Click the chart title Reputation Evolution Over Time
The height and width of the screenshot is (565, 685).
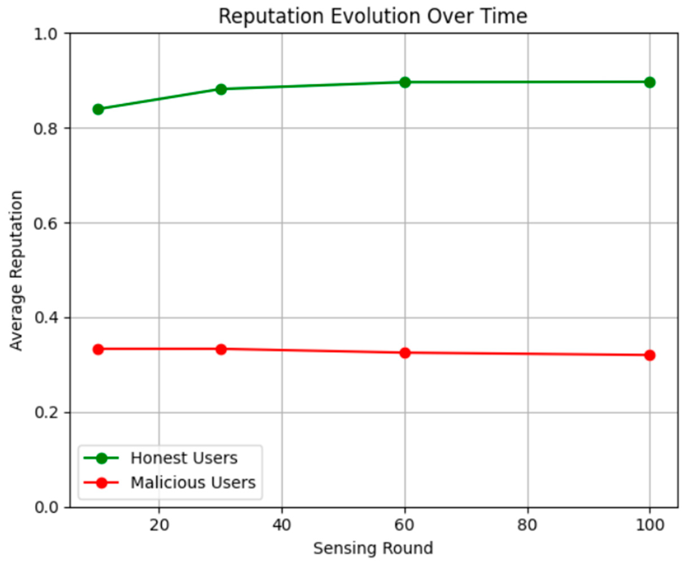(373, 16)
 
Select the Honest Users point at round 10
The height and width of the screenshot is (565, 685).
(98, 109)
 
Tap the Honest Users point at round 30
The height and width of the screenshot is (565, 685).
(221, 89)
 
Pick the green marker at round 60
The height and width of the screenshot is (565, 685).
(405, 82)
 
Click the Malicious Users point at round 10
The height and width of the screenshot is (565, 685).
(98, 349)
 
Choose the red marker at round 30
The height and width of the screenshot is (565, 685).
(221, 349)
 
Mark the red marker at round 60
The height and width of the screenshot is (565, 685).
(405, 353)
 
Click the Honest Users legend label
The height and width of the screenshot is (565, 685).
(184, 458)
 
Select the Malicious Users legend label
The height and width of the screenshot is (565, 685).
(193, 483)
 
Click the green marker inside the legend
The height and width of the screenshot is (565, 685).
(102, 458)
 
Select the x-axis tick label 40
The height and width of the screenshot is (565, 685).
(282, 525)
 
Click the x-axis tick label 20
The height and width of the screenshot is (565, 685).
(159, 525)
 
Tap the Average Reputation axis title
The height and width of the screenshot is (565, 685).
(16, 271)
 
